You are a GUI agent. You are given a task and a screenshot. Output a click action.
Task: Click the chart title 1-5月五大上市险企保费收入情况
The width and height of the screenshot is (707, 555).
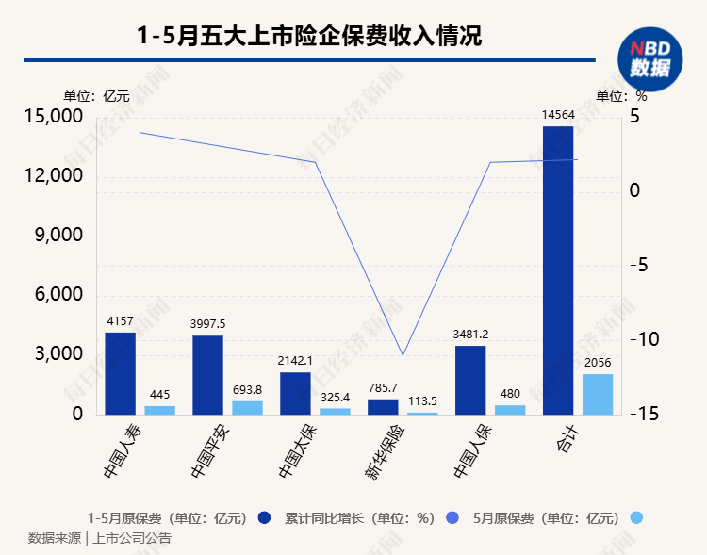(309, 36)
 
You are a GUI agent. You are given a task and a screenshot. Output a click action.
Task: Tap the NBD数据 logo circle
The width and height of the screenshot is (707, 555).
(649, 58)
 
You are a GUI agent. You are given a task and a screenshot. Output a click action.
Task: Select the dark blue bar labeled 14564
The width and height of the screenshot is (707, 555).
(558, 270)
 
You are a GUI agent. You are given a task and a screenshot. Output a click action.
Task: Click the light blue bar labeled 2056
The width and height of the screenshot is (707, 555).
(597, 394)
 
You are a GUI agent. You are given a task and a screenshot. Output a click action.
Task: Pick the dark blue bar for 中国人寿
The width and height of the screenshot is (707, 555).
(120, 373)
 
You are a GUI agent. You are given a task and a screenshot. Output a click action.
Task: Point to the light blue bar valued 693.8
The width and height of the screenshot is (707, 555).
(247, 407)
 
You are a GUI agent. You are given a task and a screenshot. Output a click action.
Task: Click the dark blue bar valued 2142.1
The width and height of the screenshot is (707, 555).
(295, 393)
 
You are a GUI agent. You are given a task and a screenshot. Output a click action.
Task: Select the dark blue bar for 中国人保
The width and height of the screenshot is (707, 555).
(470, 380)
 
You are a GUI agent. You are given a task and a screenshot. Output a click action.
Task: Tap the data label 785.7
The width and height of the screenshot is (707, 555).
(383, 387)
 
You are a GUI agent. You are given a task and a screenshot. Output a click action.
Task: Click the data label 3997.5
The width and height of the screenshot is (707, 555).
(208, 324)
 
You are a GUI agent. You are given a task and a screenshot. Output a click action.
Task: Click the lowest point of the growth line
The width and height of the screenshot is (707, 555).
(403, 355)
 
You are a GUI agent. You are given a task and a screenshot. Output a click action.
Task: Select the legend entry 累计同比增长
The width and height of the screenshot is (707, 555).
(359, 517)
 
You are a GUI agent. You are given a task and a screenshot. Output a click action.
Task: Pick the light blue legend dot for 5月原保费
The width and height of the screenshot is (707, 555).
(636, 517)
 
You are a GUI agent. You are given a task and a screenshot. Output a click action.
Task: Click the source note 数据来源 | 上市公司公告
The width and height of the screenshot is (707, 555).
(99, 539)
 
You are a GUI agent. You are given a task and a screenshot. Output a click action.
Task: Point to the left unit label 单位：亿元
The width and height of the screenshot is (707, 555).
(96, 96)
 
